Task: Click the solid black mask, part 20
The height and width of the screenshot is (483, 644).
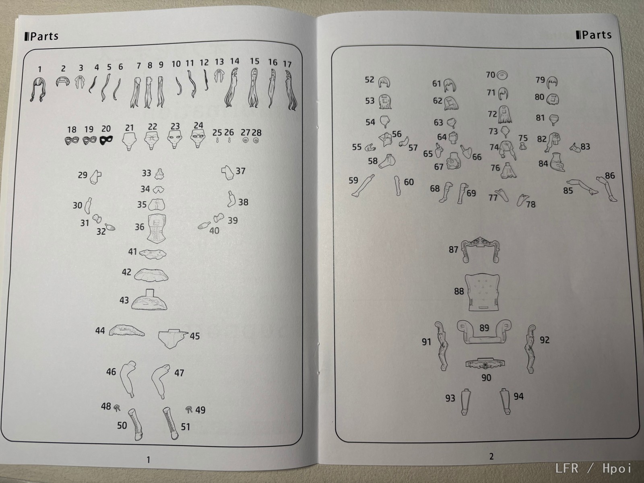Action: click(x=106, y=140)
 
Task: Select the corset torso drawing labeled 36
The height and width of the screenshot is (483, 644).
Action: click(x=157, y=229)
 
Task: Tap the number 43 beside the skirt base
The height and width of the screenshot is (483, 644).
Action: click(x=124, y=300)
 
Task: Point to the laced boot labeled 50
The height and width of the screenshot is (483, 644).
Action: click(x=136, y=424)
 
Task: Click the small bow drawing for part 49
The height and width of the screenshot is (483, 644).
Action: click(x=189, y=409)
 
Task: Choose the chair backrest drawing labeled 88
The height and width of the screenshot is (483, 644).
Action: click(x=482, y=292)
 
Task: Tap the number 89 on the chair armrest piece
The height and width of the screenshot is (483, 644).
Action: click(x=484, y=328)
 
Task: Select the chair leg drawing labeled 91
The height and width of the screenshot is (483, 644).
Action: click(x=442, y=346)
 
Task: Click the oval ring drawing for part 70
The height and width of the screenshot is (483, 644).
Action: click(x=502, y=75)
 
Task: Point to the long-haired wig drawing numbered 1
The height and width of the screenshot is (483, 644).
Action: click(x=39, y=89)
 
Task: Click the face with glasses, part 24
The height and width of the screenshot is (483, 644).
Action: click(x=198, y=139)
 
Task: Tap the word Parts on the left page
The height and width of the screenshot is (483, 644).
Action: click(x=44, y=36)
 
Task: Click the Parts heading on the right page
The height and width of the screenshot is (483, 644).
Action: click(x=597, y=35)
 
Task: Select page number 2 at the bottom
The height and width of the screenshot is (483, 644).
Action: click(x=491, y=456)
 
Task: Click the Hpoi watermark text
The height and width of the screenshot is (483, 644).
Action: click(x=617, y=469)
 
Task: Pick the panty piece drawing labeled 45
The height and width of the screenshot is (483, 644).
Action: click(x=173, y=339)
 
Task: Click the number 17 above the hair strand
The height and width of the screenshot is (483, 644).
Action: click(x=287, y=64)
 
